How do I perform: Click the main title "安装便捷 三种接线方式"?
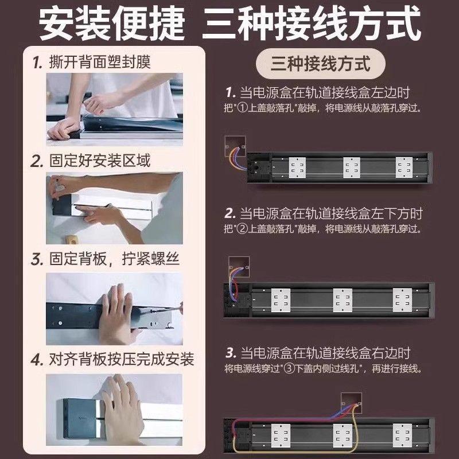(229, 24)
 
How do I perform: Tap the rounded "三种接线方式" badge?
(320, 63)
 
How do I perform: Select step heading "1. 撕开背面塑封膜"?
(92, 61)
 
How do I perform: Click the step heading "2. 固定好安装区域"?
(92, 160)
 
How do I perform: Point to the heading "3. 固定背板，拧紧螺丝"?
(106, 259)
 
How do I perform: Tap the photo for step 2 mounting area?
(114, 206)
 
